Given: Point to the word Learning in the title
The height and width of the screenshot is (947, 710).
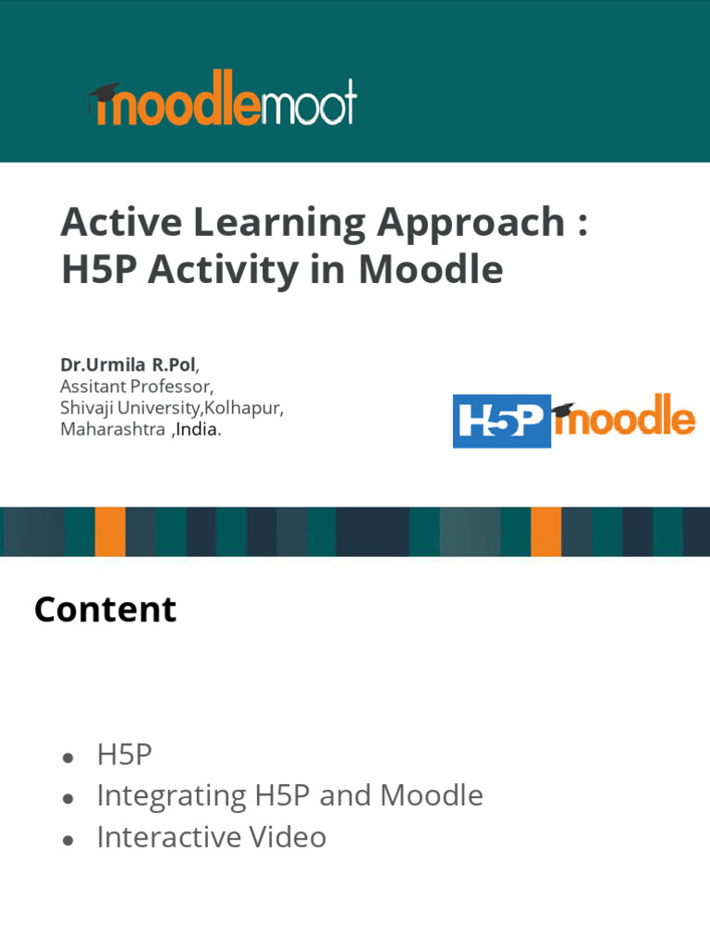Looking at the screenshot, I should click(263, 225).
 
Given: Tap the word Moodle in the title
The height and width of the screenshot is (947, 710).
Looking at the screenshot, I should click(431, 270).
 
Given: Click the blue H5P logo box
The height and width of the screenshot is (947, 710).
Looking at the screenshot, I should click(501, 421).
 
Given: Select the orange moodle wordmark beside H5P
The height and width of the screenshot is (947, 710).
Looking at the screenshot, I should click(626, 418).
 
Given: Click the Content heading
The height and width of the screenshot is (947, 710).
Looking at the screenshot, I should click(104, 610).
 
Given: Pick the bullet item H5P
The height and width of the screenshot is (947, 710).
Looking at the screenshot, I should click(124, 755).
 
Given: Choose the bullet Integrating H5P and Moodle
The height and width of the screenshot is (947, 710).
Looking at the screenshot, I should click(289, 795).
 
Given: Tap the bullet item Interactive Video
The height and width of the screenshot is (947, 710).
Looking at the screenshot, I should click(211, 837).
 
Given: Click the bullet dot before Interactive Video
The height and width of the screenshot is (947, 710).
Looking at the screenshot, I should click(68, 839).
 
